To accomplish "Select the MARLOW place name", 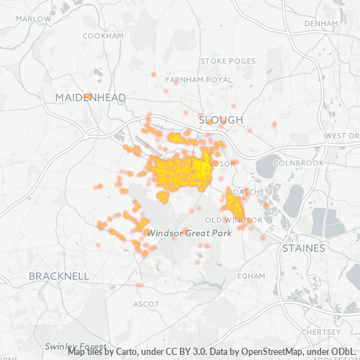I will pyautogui.click(x=16, y=20).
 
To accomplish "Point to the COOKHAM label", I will pyautogui.click(x=104, y=35).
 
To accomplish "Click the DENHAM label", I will pyautogui.click(x=321, y=23).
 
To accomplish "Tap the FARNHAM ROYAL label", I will pyautogui.click(x=199, y=79).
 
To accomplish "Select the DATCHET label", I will pyautogui.click(x=253, y=192).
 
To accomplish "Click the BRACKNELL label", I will pyautogui.click(x=59, y=276).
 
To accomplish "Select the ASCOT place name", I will pyautogui.click(x=146, y=304).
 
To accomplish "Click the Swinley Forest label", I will pyautogui.click(x=76, y=346).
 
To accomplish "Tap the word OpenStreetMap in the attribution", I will pyautogui.click(x=255, y=352).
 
